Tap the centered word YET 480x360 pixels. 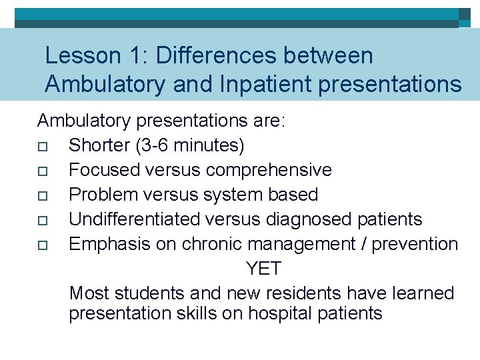coord(263,269)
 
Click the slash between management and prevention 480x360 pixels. coord(361,244)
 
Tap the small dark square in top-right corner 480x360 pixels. coord(465,14)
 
